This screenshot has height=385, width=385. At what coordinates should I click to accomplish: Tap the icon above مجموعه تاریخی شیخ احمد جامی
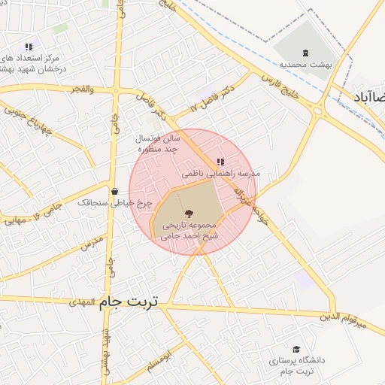(x=188, y=213)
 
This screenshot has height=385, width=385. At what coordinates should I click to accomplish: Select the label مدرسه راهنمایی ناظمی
(x=220, y=173)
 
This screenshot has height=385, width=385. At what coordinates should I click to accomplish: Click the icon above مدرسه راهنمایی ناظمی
(x=220, y=162)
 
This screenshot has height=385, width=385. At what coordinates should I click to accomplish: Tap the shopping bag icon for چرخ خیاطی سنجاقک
(x=114, y=191)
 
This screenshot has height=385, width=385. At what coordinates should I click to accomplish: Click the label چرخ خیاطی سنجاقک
(x=115, y=203)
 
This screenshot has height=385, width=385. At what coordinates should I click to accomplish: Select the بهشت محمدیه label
(x=304, y=65)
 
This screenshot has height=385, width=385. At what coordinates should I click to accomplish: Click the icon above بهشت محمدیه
(x=304, y=53)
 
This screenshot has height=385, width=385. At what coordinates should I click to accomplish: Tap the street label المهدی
(x=83, y=302)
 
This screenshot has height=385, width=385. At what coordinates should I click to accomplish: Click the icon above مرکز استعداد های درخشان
(x=29, y=47)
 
